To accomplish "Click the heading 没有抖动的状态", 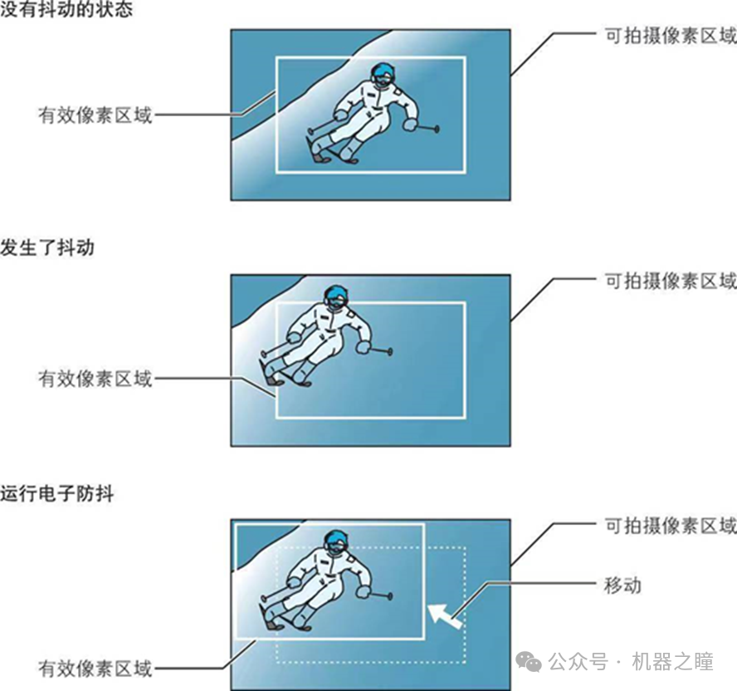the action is click(66, 12).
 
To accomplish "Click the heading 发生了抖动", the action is click(47, 247).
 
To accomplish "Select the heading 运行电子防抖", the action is click(56, 493).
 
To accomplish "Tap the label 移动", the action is click(622, 585).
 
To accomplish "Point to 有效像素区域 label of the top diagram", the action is click(95, 115).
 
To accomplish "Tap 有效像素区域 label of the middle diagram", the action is click(95, 379).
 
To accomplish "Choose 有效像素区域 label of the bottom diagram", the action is click(95, 668).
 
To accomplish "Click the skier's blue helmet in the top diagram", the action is click(383, 74).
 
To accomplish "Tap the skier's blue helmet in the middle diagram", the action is click(335, 295).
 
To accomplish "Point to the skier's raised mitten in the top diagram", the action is click(410, 125).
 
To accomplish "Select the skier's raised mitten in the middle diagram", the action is click(363, 348).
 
